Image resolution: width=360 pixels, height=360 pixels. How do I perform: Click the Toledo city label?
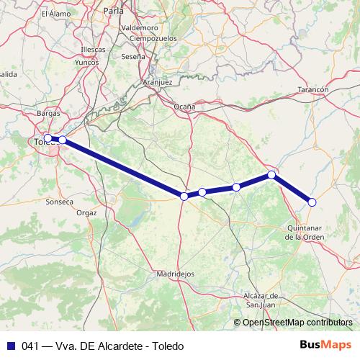[45, 142]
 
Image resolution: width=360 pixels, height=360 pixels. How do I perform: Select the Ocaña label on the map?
[184, 107]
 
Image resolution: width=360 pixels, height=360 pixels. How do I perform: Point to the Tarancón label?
[312, 89]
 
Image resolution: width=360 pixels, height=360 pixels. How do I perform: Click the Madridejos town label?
[175, 274]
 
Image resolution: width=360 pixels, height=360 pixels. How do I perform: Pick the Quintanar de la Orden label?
[300, 233]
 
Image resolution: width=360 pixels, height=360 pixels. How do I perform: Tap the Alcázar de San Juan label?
[266, 301]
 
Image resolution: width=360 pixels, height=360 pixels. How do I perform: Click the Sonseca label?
[59, 202]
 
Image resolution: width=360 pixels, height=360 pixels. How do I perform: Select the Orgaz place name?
[86, 213]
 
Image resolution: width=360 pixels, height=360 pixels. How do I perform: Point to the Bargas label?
[48, 114]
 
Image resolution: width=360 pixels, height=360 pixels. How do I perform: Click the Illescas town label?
[94, 49]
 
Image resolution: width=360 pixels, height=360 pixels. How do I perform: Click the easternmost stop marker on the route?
[312, 202]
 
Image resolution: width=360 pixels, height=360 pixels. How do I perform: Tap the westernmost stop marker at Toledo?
[48, 138]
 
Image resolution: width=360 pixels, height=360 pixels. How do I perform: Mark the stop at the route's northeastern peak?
[271, 175]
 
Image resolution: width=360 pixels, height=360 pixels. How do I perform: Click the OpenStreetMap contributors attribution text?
[297, 323]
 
